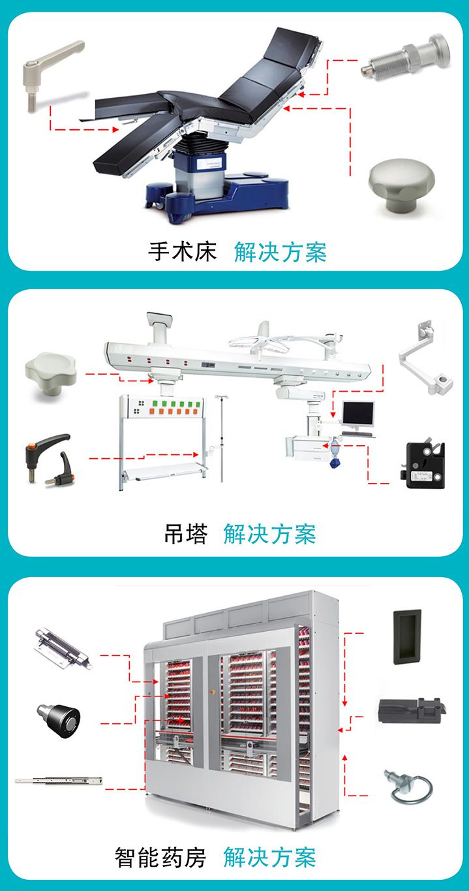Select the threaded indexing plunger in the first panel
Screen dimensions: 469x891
(x=406, y=57)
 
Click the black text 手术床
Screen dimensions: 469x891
(x=183, y=252)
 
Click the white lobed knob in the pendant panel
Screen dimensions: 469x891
(x=50, y=374)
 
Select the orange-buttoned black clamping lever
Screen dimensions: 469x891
(x=50, y=460)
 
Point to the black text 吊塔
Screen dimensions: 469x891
(x=186, y=534)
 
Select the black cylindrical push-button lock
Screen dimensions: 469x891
(x=59, y=720)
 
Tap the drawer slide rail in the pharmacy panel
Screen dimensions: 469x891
(x=59, y=781)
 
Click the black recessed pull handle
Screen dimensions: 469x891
(x=407, y=637)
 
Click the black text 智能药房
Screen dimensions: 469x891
(x=160, y=858)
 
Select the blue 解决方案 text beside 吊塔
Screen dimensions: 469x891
(x=269, y=534)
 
